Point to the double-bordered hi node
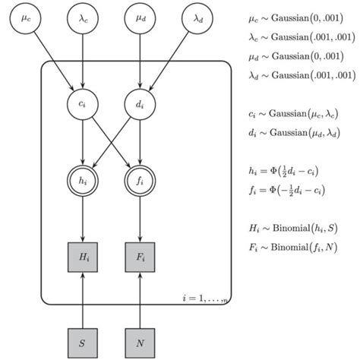point(81,181)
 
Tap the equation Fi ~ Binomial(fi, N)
point(292,246)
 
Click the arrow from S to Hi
point(81,292)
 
